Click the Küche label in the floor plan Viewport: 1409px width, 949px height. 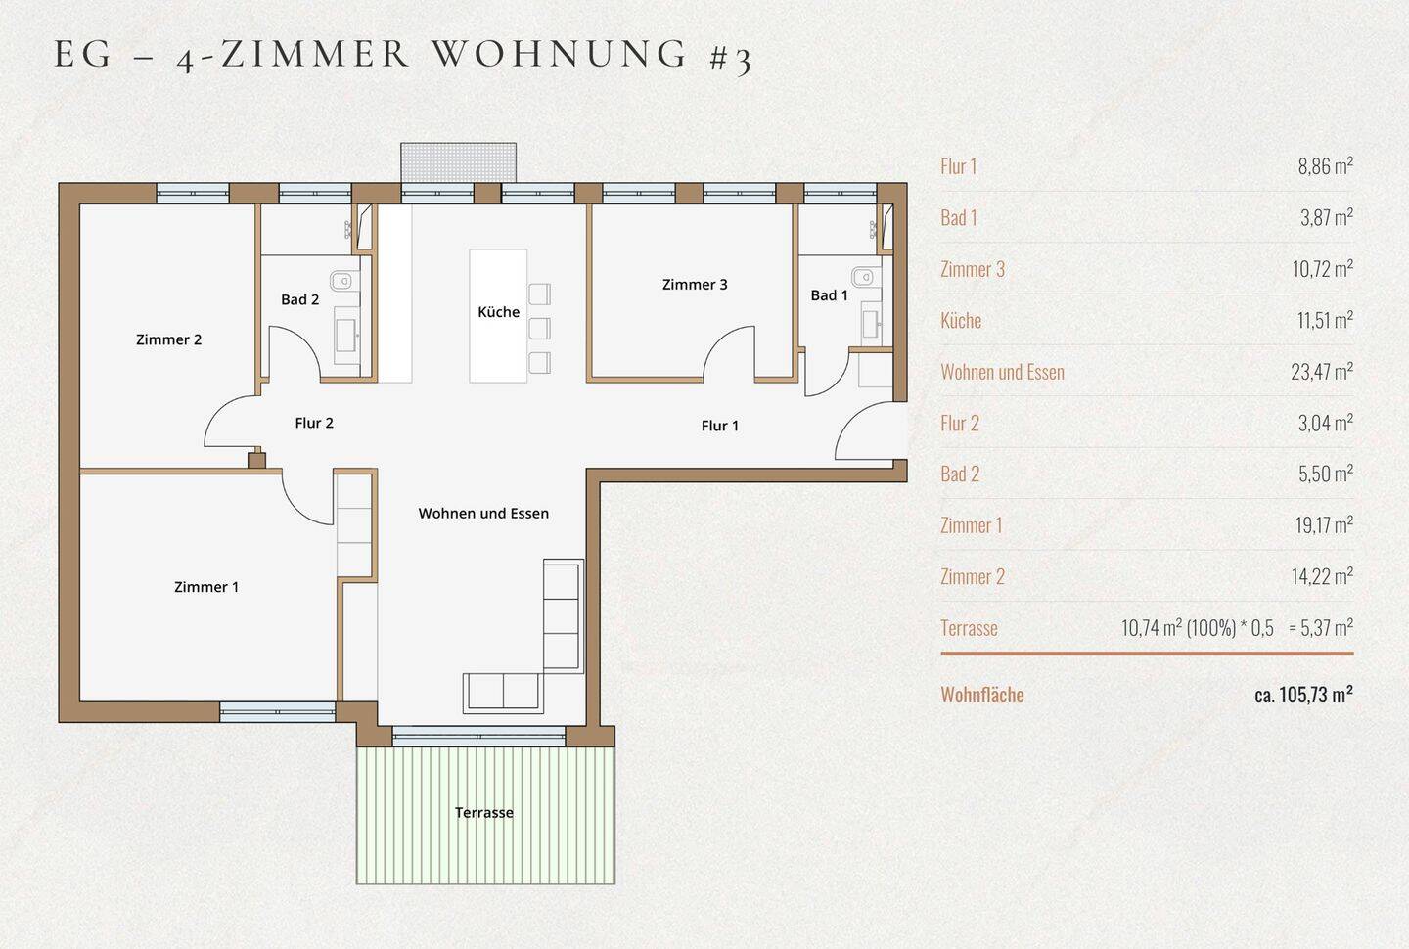498,312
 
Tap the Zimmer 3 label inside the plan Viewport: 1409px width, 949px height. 695,285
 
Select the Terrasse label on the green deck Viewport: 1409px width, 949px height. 483,813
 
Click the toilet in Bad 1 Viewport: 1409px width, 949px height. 863,276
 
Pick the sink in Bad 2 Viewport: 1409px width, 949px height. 346,336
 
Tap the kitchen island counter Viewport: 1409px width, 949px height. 498,316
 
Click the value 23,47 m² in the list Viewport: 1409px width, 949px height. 1322,371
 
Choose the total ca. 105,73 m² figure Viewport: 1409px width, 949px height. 1303,695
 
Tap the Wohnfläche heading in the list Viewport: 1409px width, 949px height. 982,695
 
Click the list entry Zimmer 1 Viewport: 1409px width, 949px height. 972,525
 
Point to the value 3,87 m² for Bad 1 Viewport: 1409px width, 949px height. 1327,217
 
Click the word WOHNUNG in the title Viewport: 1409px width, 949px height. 560,53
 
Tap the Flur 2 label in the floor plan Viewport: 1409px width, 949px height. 314,423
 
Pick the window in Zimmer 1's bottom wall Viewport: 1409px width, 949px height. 278,712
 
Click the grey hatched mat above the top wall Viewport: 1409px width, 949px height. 459,162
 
